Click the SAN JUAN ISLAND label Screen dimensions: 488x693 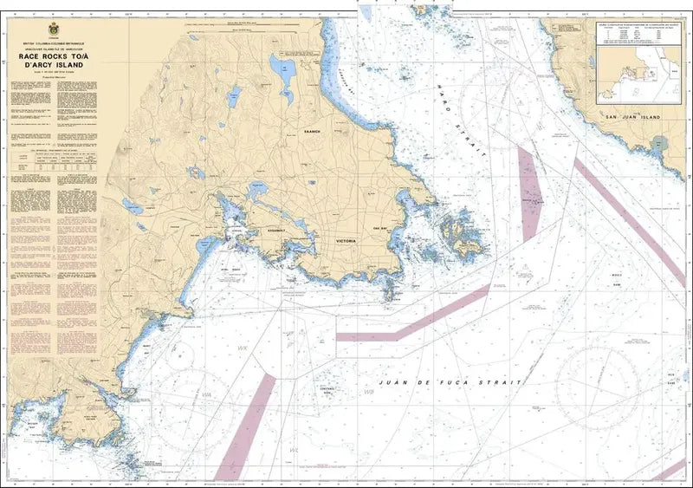pos(632,116)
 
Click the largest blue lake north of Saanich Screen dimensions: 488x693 pos(282,66)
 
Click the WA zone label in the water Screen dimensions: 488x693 pos(207,394)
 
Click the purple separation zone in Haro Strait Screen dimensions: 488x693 pos(528,191)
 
